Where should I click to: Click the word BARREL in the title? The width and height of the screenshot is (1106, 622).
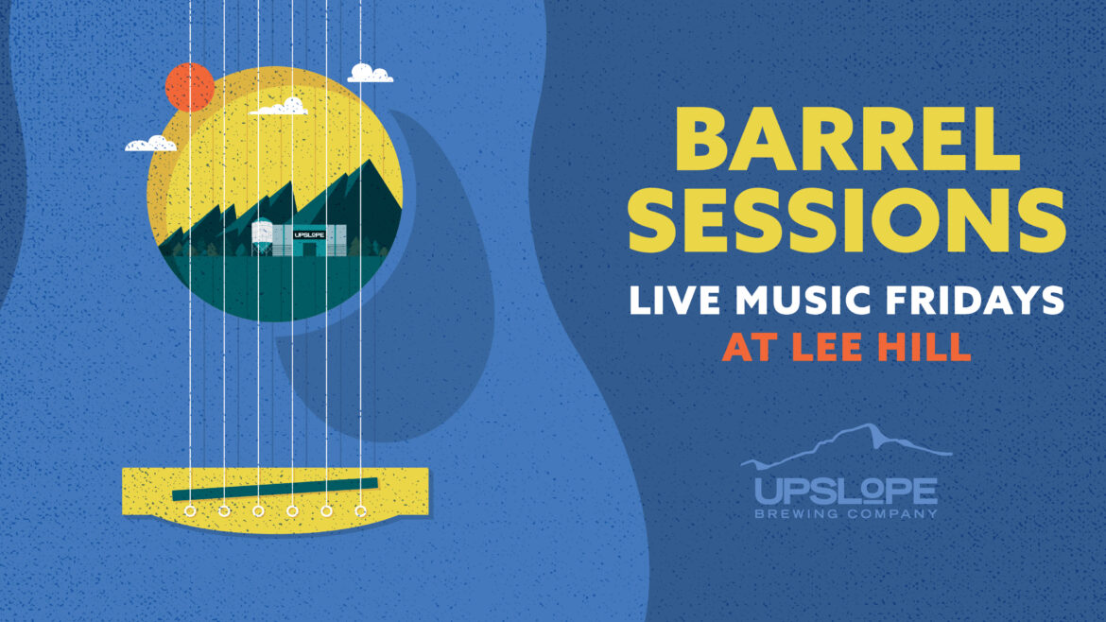[x=847, y=139]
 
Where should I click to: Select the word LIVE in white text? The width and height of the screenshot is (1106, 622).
[x=674, y=301]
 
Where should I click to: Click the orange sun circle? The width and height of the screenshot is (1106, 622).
[x=190, y=87]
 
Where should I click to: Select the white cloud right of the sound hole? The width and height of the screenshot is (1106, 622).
[x=370, y=74]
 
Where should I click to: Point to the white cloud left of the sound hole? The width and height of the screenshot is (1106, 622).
[x=150, y=144]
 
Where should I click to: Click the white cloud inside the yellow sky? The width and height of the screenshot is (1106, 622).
[x=279, y=107]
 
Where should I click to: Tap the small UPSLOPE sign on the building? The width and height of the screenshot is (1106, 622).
[x=309, y=234]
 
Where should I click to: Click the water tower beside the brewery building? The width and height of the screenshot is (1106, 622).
[x=262, y=236]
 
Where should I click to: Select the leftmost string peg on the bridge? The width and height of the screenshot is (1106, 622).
[x=190, y=510]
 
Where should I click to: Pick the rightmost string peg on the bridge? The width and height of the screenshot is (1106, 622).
[x=360, y=510]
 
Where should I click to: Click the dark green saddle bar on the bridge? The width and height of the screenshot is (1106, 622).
[x=275, y=489]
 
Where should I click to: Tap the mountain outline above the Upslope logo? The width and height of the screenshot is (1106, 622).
[x=846, y=443]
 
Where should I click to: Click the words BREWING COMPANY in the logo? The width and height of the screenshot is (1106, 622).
[x=846, y=513]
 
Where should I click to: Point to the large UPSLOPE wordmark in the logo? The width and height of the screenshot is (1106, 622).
[x=846, y=491]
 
